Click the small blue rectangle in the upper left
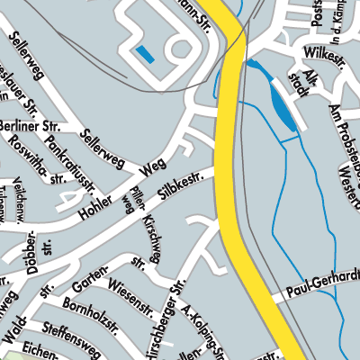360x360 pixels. coord(143,55)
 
